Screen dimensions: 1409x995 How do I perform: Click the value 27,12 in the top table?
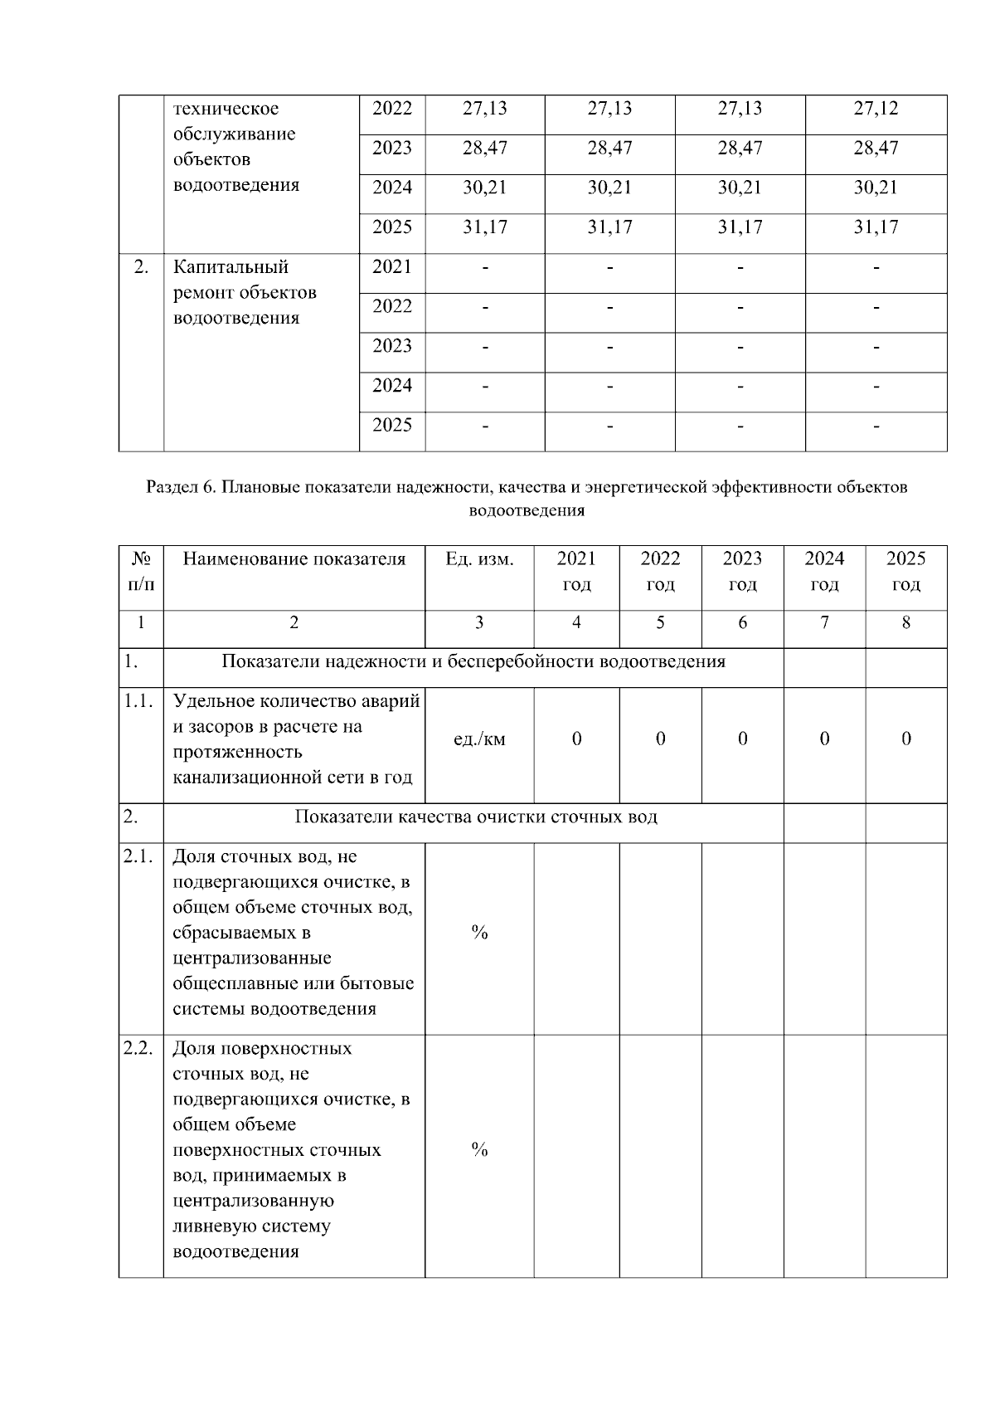(x=876, y=109)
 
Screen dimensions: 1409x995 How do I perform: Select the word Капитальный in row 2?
(x=231, y=267)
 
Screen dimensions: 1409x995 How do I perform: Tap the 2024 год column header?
(x=824, y=571)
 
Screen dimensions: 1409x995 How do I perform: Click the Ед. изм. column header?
(x=479, y=559)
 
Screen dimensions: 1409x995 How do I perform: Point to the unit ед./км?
(x=479, y=739)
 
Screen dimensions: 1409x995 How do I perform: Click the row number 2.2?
(x=138, y=1048)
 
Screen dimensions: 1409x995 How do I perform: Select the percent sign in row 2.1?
(x=479, y=933)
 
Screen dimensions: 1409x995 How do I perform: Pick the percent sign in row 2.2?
(x=479, y=1149)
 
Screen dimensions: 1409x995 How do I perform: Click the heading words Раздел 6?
(x=181, y=487)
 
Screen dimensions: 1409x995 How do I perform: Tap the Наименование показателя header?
(x=294, y=559)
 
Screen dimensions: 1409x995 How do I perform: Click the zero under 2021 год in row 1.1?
(x=576, y=739)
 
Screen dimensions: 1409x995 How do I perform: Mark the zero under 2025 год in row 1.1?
(x=905, y=739)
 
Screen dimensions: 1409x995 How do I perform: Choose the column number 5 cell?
(x=660, y=622)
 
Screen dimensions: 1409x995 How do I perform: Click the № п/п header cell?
(x=141, y=571)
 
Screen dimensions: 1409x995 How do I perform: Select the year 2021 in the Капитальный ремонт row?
(x=391, y=267)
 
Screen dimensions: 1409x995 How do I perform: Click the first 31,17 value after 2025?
(x=484, y=227)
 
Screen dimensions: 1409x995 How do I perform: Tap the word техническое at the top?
(x=226, y=109)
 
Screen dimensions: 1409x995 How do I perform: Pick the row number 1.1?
(x=138, y=701)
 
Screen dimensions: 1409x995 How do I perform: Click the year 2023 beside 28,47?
(x=391, y=149)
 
